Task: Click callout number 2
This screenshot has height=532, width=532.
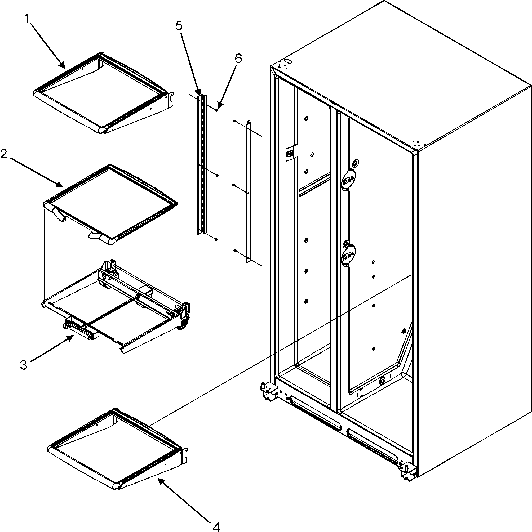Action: pyautogui.click(x=4, y=154)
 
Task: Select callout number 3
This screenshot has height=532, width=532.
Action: pyautogui.click(x=24, y=365)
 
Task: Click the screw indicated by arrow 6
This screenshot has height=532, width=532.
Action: pyautogui.click(x=217, y=110)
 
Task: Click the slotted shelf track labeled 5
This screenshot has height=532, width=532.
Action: pyautogui.click(x=202, y=165)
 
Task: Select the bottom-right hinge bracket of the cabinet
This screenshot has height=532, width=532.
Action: pyautogui.click(x=407, y=472)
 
